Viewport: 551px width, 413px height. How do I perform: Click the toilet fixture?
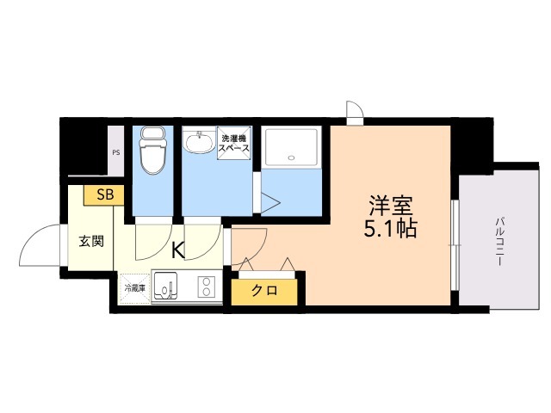(x=152, y=151)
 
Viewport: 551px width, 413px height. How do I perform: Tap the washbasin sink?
(x=199, y=141)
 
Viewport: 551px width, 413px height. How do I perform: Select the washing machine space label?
(x=234, y=144)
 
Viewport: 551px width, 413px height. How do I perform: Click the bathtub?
(x=291, y=147)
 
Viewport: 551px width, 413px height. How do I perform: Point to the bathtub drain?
(x=291, y=157)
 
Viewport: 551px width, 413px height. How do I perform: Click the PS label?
(x=116, y=153)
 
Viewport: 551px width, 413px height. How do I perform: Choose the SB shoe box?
(x=104, y=195)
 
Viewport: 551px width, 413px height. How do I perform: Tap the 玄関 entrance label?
(x=91, y=241)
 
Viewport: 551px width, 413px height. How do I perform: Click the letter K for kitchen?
(x=178, y=250)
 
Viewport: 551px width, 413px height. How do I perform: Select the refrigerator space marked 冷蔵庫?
(x=135, y=289)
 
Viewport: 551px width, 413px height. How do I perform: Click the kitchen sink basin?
(x=165, y=286)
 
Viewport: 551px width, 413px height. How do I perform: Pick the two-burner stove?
(x=207, y=287)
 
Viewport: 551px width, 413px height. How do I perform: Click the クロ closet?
(x=264, y=292)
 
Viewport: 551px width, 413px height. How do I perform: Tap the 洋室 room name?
(x=390, y=205)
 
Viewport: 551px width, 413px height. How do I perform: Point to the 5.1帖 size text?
(x=390, y=229)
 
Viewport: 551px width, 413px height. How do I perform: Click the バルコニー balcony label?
(x=499, y=241)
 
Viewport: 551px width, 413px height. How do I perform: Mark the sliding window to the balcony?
(x=455, y=245)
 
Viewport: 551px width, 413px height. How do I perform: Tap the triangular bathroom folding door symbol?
(x=270, y=203)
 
